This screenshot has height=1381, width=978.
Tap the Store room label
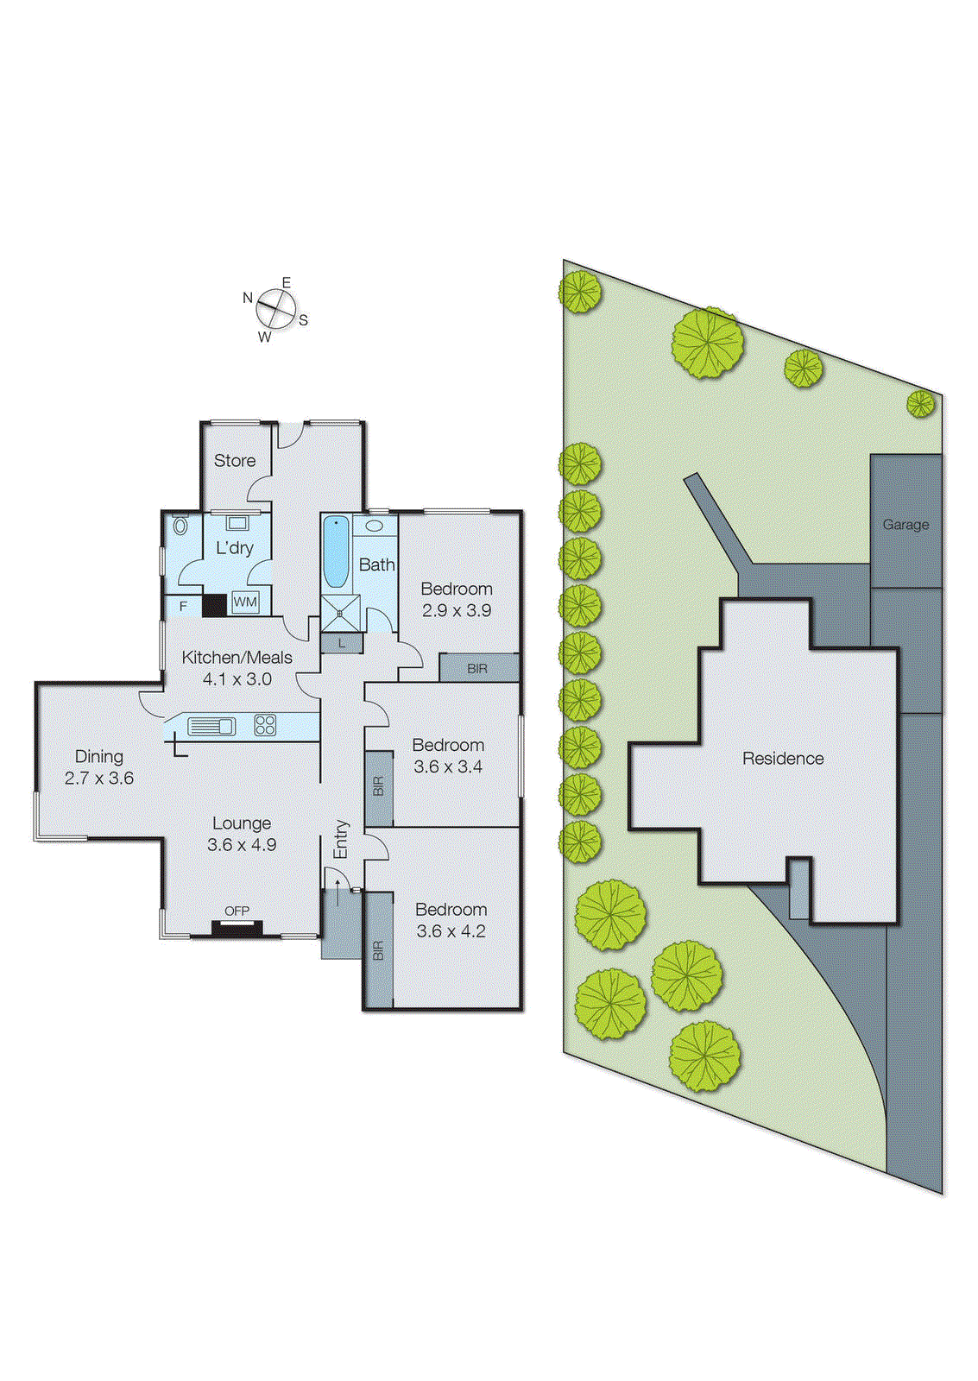tap(235, 461)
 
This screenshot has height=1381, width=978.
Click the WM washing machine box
tap(245, 602)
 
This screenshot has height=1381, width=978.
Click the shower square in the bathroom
tap(340, 613)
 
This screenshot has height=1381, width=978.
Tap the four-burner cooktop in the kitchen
tap(265, 725)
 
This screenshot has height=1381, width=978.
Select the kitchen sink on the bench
tap(211, 726)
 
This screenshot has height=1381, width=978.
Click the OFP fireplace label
tap(237, 911)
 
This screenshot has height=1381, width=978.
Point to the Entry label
tap(341, 839)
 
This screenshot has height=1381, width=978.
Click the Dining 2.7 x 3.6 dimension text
tap(99, 778)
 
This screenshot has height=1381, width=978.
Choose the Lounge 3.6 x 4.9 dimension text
tap(242, 845)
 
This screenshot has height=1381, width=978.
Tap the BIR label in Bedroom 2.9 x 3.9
tap(477, 669)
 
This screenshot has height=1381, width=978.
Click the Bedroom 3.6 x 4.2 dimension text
tap(451, 931)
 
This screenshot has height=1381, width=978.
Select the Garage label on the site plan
tap(905, 524)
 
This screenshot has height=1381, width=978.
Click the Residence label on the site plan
tap(783, 759)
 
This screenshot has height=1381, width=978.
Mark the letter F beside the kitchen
tap(183, 606)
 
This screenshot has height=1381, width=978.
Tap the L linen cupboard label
tap(342, 643)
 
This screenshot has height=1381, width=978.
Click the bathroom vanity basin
tap(375, 526)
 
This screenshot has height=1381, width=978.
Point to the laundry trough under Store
tap(237, 523)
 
